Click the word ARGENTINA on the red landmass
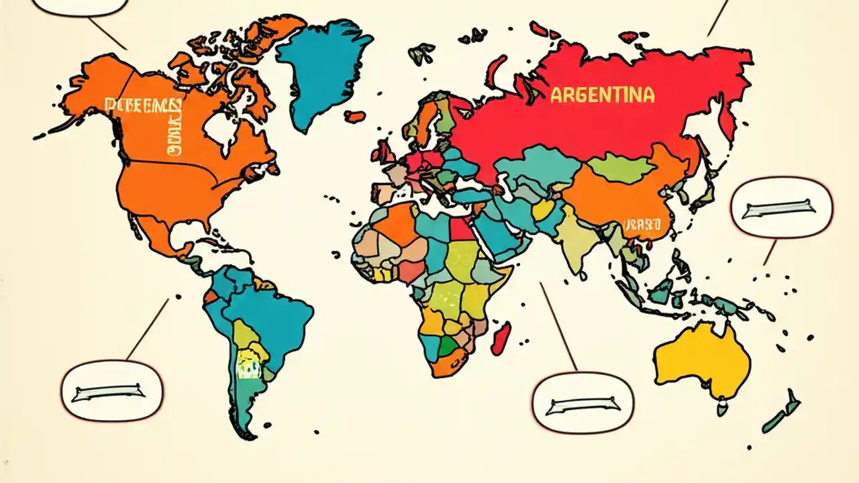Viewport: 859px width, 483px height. coord(602,95)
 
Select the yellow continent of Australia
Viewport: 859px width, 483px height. coord(701,359)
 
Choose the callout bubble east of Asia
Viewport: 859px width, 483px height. coord(781,208)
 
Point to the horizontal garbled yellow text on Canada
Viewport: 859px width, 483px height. coord(143,105)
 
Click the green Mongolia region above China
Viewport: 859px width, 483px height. coord(621,168)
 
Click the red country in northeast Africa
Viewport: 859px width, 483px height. coord(461,229)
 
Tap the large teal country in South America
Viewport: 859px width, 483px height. coord(268,315)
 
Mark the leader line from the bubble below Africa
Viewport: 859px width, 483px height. coord(558,326)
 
